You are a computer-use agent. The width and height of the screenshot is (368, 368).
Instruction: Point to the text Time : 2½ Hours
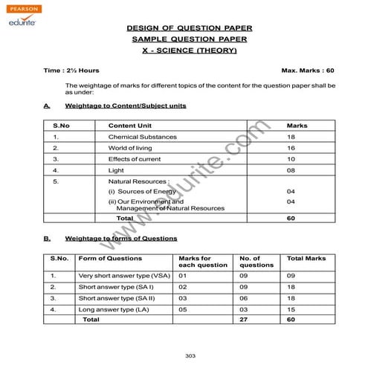(72, 70)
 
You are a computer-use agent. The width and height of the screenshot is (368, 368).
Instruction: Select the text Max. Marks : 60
(308, 70)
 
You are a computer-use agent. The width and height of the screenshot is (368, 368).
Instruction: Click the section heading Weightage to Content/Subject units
(125, 106)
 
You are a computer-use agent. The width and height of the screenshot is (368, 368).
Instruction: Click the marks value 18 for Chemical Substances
(291, 138)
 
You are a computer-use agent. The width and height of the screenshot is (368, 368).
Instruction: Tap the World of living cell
(129, 148)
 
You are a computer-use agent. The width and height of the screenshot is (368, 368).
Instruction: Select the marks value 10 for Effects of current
(291, 159)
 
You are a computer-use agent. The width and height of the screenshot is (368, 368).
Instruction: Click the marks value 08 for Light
(291, 170)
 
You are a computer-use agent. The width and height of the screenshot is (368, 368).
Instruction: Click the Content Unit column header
(129, 126)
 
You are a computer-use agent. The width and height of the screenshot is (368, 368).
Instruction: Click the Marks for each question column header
(196, 262)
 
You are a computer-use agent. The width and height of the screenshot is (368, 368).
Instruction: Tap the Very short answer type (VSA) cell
(122, 276)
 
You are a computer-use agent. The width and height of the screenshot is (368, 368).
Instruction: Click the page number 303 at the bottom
(190, 355)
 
